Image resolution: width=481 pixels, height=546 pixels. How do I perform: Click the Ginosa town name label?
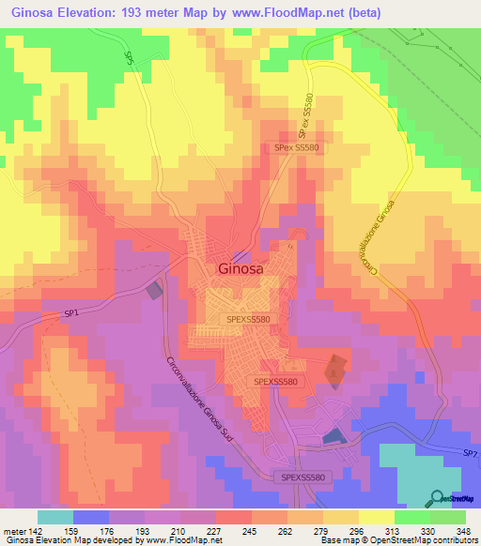(x=240, y=267)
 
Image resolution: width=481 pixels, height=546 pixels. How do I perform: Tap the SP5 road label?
(x=129, y=57)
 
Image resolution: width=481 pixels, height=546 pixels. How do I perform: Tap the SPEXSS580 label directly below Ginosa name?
(x=249, y=319)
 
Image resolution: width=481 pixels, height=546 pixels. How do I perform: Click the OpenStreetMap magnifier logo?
(x=438, y=497)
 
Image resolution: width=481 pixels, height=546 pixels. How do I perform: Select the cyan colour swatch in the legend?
(x=55, y=517)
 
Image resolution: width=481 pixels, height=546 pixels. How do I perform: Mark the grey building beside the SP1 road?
(x=154, y=291)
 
